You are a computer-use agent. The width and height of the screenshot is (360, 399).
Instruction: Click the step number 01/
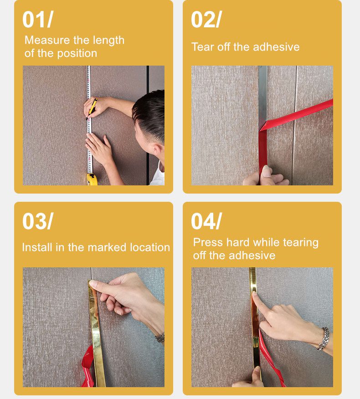coord(37,20)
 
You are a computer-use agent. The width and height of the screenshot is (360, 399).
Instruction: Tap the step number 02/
coord(206,20)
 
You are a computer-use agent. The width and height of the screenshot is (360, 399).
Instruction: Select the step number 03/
coord(37,221)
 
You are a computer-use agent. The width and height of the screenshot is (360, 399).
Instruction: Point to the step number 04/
coord(206,221)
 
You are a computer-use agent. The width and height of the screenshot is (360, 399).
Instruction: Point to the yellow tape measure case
coord(92,179)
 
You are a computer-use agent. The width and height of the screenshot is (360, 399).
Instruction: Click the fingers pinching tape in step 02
coord(266,177)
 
